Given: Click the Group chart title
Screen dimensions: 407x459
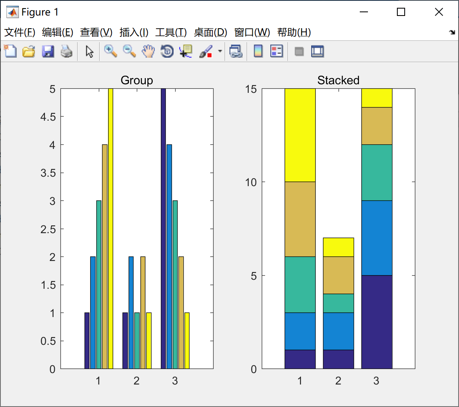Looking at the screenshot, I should point(136,80).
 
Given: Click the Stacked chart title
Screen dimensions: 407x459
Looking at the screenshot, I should point(338,80).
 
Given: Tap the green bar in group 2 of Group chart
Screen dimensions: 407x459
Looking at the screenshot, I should point(137,340).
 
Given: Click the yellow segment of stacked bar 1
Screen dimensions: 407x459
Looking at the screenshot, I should point(300,135).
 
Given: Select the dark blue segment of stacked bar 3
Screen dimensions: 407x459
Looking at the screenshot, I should point(377,322).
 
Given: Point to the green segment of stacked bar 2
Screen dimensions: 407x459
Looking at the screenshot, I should point(338,303).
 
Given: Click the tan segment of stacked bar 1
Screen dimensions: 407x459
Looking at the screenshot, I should point(300,219).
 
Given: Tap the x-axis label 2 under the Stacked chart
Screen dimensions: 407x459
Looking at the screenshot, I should point(338,381).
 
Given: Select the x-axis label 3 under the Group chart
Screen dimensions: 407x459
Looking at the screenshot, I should point(175,381).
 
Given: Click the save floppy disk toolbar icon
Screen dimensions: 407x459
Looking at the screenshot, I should point(48,52).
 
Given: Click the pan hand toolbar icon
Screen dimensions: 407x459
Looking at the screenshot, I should point(148,52).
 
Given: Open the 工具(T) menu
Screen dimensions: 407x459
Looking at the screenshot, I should point(171,32).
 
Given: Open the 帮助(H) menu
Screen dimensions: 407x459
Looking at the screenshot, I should point(294,32).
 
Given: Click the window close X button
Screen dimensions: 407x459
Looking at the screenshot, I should point(439,12).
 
